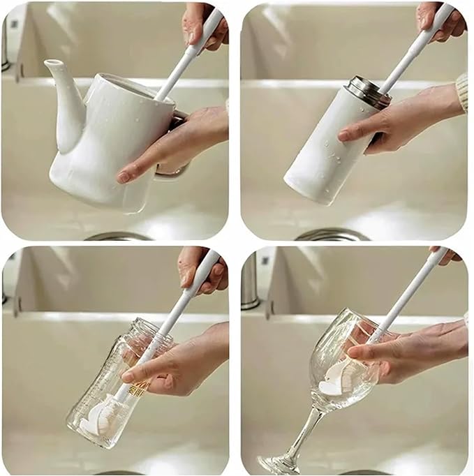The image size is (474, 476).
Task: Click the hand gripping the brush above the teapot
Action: click(202, 24)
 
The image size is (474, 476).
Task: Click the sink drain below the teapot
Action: click(119, 237)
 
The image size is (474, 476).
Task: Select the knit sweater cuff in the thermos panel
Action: click(461, 91)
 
